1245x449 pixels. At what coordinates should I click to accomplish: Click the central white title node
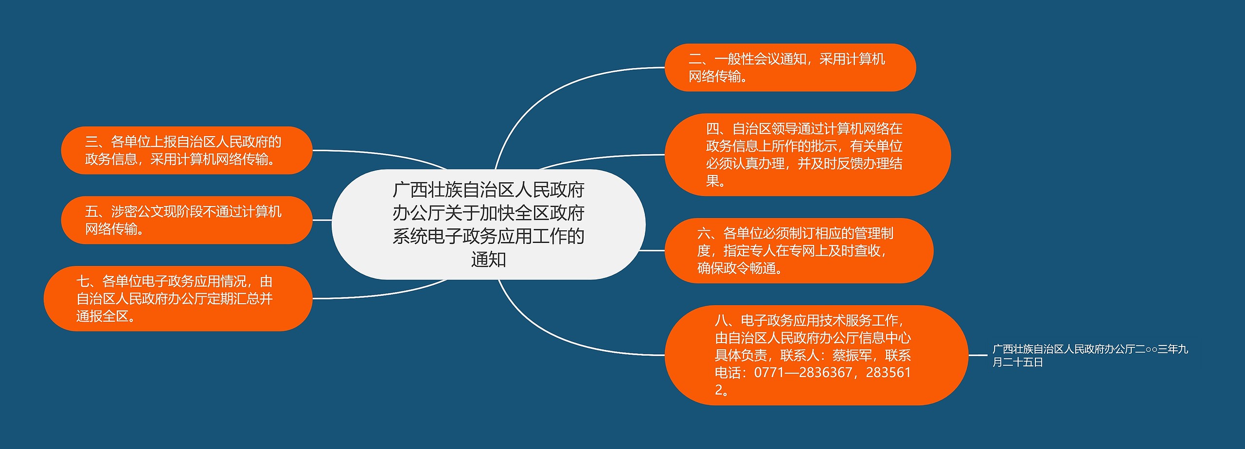[x=488, y=224]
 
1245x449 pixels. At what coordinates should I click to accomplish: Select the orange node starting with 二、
[x=790, y=68]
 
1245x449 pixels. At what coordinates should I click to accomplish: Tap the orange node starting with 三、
[x=186, y=150]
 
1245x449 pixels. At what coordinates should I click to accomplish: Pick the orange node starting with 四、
[x=807, y=155]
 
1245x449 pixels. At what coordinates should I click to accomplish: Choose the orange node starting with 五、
[x=186, y=220]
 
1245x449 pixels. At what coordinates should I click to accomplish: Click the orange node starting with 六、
[x=799, y=250]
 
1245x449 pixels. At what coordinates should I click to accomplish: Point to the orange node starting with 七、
[x=178, y=298]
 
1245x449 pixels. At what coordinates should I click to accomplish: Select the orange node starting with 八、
[x=816, y=355]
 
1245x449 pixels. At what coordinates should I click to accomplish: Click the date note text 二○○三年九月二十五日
[x=1089, y=355]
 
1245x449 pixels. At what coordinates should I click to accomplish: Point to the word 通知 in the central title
[x=488, y=259]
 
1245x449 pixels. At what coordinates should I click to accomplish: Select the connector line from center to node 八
[x=559, y=335]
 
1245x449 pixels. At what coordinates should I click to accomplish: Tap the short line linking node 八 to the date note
[x=978, y=355]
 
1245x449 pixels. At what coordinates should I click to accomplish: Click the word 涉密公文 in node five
[x=137, y=211]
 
